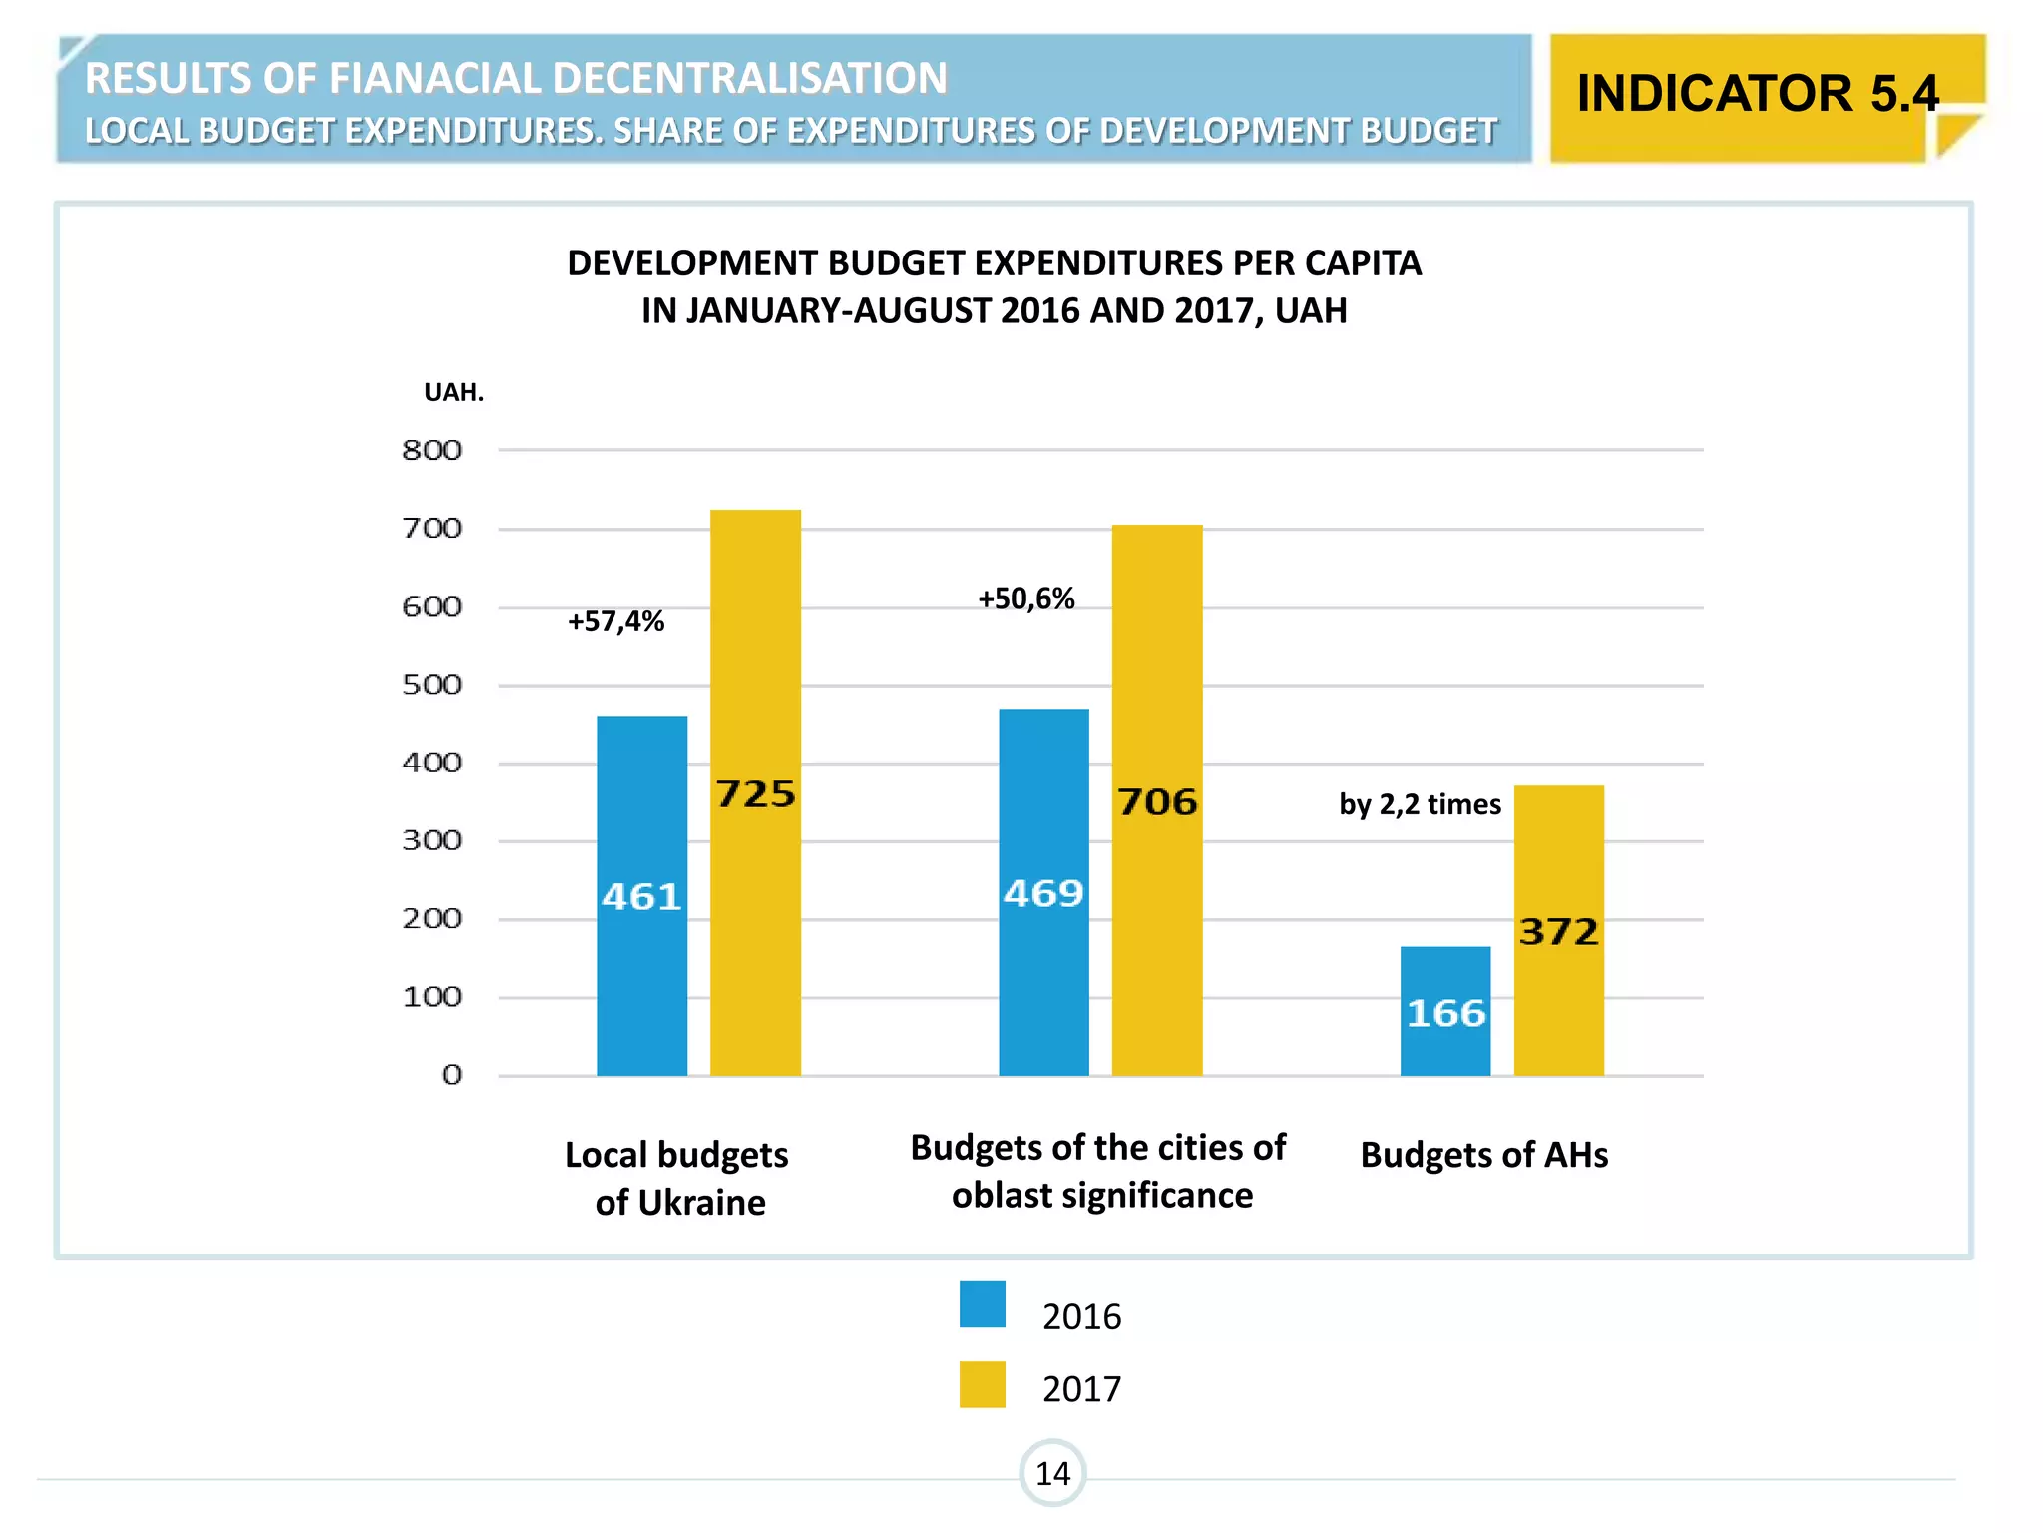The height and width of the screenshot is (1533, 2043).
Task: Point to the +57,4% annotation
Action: [615, 621]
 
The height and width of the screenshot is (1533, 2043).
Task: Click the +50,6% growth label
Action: [1025, 598]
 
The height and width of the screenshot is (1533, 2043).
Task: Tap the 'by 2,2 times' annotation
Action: [1420, 804]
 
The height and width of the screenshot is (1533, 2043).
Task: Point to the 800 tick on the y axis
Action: [432, 450]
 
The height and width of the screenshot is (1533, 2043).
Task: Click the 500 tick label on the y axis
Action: [432, 685]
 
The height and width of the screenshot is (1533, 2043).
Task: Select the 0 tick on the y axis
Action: [452, 1075]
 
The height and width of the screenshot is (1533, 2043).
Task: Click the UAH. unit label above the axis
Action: [454, 392]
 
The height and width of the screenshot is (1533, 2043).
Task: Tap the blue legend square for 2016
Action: [983, 1304]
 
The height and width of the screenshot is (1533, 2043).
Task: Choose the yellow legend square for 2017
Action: [983, 1384]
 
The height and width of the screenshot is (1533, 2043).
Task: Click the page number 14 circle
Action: [1052, 1473]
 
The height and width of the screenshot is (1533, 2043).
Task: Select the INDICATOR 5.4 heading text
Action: [1758, 94]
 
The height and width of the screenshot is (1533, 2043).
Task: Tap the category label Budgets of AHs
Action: [1483, 1155]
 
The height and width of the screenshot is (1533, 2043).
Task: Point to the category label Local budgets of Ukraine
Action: [677, 1178]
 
